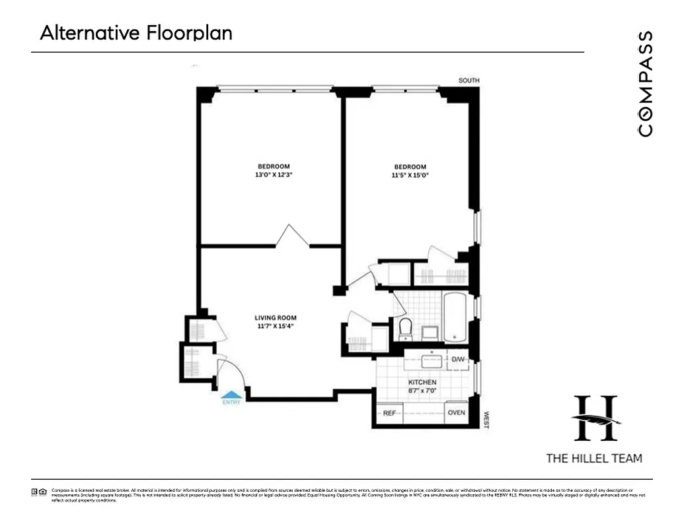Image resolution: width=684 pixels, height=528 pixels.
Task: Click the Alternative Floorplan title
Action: point(136,33)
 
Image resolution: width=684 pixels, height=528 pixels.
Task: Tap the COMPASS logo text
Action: point(646,83)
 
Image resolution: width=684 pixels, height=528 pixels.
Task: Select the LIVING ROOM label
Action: point(276,317)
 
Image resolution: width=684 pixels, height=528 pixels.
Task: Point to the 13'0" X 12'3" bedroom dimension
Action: point(274,175)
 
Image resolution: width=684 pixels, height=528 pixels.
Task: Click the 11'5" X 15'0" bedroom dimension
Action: point(410,176)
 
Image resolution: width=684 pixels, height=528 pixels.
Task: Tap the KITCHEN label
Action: point(422,382)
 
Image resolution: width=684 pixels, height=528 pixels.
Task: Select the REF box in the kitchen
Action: point(390,413)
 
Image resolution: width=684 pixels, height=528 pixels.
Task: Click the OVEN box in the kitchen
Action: point(457,413)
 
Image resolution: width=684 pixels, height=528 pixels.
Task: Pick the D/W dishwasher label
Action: point(458,360)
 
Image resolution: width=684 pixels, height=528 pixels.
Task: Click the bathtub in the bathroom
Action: point(455,317)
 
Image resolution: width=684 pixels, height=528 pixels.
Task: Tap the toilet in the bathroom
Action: point(406,327)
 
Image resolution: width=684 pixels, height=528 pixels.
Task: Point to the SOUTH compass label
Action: point(469,81)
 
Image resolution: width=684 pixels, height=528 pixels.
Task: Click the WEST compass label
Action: point(486,420)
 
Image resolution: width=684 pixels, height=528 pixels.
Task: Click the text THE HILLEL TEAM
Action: point(593,458)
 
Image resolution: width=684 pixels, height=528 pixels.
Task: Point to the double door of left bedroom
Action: point(291,236)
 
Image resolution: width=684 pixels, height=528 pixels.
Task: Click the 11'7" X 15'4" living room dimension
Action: point(276,326)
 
